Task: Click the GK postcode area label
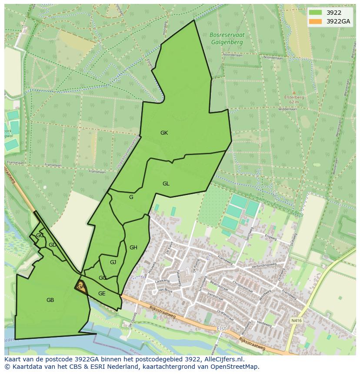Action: [164, 133]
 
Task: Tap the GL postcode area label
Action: [166, 184]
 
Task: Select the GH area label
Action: [133, 248]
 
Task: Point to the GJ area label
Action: [113, 262]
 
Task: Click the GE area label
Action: [102, 294]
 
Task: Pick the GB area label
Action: [50, 300]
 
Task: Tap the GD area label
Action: [52, 245]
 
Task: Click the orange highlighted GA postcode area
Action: [81, 287]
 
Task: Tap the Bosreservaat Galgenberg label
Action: [227, 39]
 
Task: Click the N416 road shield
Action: [296, 321]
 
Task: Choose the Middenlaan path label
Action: [287, 110]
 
